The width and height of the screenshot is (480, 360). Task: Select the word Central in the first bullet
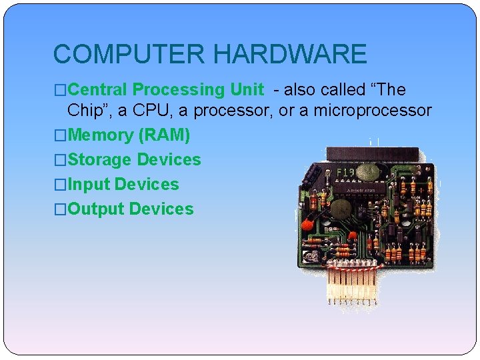click(x=98, y=89)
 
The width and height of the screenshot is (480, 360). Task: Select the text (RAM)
click(x=164, y=135)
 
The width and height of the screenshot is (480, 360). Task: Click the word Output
click(x=96, y=209)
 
